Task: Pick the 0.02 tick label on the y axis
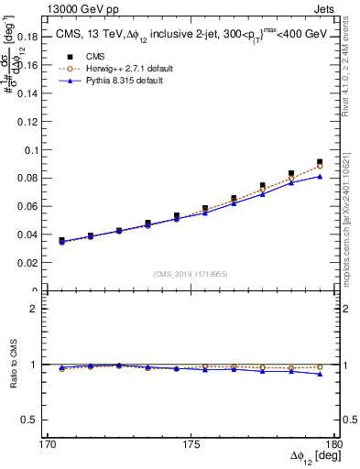click(x=34, y=263)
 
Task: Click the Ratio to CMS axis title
click(x=12, y=365)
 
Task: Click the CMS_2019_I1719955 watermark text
click(x=191, y=273)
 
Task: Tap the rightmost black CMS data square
click(x=320, y=162)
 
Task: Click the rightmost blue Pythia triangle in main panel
click(x=320, y=177)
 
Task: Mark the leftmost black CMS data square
click(x=61, y=241)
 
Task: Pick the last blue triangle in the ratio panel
click(x=320, y=374)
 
